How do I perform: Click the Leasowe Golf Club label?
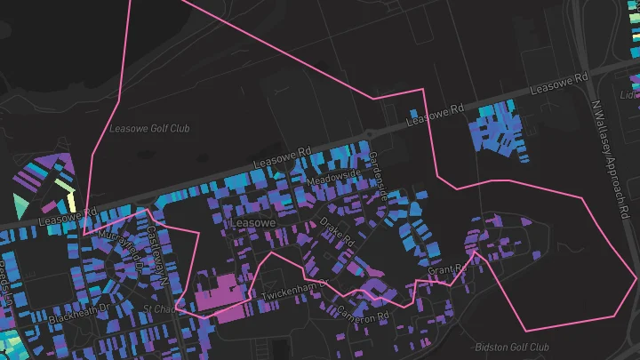coord(149,128)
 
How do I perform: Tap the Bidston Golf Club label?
coord(512,347)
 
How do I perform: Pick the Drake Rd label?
coord(337,232)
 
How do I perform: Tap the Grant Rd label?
coord(447,268)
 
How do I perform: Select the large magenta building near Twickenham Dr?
coord(217,296)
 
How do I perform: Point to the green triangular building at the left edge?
coord(20,207)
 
